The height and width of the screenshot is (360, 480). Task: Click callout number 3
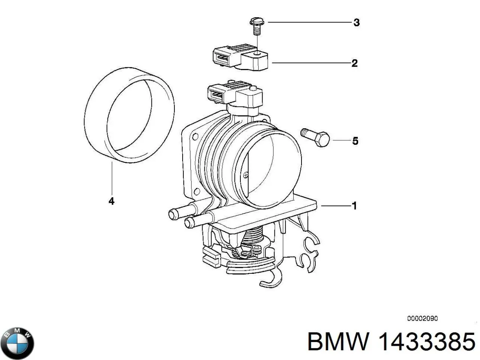(x=356, y=22)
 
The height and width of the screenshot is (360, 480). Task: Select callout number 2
(x=354, y=63)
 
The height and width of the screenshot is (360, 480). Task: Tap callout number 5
(x=355, y=141)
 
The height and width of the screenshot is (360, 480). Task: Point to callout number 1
(x=354, y=205)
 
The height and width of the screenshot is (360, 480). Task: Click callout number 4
(x=111, y=201)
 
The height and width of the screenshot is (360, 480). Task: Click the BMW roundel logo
(x=17, y=342)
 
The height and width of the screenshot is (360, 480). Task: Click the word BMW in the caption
(x=339, y=342)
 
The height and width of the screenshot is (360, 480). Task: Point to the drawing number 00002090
(x=423, y=319)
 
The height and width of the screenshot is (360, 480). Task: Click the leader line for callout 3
(x=309, y=22)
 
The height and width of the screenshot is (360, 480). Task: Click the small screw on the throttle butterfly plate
(x=245, y=174)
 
